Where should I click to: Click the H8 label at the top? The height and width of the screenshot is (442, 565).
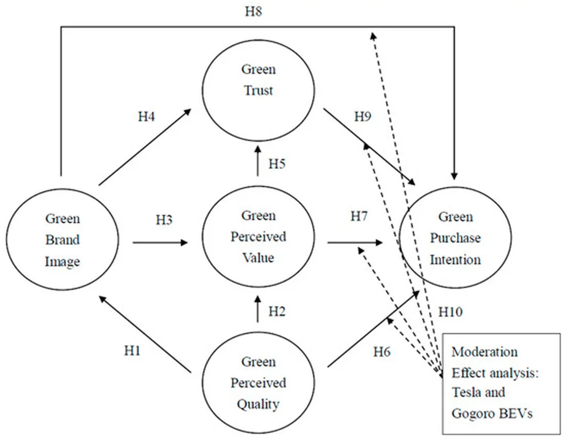(x=253, y=12)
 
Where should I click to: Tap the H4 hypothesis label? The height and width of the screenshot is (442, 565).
(x=146, y=117)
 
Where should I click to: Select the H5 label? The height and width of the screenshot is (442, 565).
(x=277, y=164)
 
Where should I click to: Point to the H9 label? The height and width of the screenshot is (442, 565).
(x=363, y=116)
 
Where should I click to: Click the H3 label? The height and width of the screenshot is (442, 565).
(x=164, y=220)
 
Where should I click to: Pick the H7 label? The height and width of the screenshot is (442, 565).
(x=359, y=216)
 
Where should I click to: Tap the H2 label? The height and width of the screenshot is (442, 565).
(x=277, y=311)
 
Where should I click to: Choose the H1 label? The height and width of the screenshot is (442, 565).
(x=132, y=350)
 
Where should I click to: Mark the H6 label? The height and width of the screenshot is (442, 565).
(x=382, y=351)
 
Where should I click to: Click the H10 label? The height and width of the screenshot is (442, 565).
(x=450, y=312)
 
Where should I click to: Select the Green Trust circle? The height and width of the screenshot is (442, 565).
(x=258, y=90)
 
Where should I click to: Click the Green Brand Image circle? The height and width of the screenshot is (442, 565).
(x=62, y=240)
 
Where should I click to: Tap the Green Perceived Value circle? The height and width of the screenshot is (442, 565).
(x=258, y=236)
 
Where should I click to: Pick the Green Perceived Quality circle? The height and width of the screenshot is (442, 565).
(x=258, y=382)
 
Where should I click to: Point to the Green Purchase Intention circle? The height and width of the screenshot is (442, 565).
(x=455, y=238)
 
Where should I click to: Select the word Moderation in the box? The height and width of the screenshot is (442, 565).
(x=484, y=352)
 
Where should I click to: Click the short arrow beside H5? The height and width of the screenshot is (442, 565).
(x=258, y=161)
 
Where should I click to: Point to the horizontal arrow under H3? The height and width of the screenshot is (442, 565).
(x=160, y=243)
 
